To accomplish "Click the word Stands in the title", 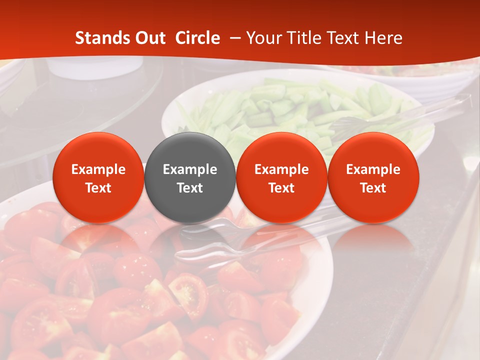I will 99,38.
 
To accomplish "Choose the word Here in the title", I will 383,38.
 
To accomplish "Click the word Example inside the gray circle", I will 190,169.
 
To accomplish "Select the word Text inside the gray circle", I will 190,188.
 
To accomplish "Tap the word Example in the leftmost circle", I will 98,169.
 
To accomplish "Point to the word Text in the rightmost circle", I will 373,188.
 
